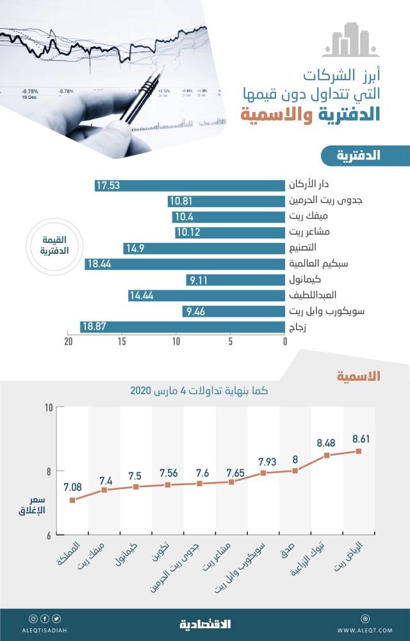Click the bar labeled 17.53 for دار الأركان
click(190, 186)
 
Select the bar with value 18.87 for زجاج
click(183, 327)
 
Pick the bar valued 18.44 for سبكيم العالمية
click(184, 264)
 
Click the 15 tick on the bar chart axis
click(122, 342)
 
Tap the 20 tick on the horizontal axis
click(68, 342)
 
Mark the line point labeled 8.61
click(359, 451)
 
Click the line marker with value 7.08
click(72, 500)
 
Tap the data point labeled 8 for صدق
click(295, 470)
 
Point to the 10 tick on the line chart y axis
click(49, 408)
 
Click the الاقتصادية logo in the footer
click(204, 624)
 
